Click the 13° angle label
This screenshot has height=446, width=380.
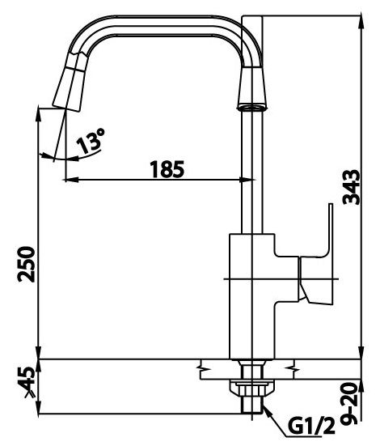[x=91, y=143]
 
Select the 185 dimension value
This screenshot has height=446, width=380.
[x=167, y=169]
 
